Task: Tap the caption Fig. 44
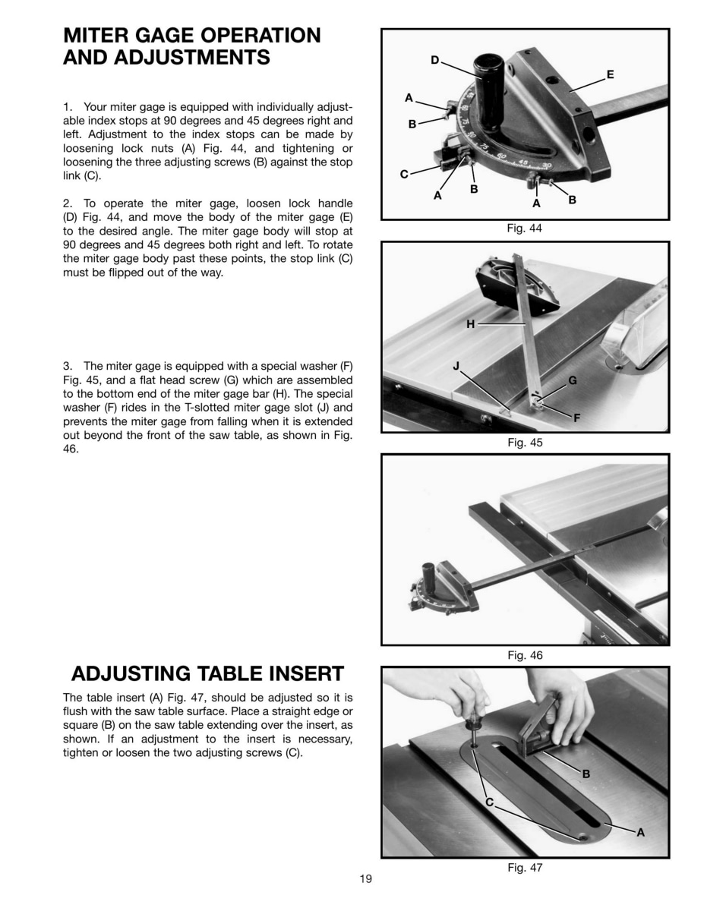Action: click(524, 229)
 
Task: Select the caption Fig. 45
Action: click(525, 443)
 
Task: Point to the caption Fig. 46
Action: click(525, 655)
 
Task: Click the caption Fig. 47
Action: click(525, 868)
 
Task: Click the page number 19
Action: click(365, 878)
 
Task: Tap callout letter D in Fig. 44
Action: click(435, 61)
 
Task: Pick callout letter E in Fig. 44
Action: click(611, 74)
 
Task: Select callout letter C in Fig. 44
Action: click(404, 174)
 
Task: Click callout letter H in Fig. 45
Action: click(470, 324)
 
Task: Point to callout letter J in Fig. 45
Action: click(456, 366)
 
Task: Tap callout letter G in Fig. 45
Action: click(573, 380)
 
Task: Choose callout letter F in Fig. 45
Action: click(576, 418)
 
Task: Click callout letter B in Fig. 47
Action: click(586, 774)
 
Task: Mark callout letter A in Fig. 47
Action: click(640, 833)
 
